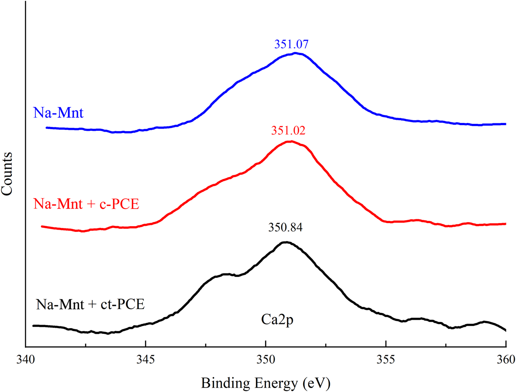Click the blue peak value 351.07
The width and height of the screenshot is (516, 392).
pos(288,45)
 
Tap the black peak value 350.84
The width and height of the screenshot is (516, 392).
pos(285,228)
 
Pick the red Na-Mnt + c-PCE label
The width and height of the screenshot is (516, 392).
pos(86,204)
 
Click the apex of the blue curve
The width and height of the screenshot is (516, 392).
pos(296,53)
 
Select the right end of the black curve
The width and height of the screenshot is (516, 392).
pos(506,330)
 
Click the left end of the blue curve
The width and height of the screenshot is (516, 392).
pos(47,128)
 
